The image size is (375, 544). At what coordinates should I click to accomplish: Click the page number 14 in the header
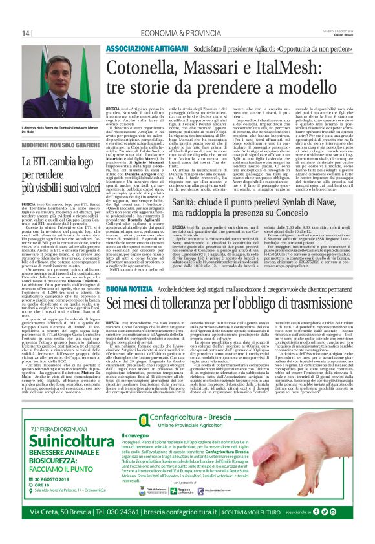pos(27,33)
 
